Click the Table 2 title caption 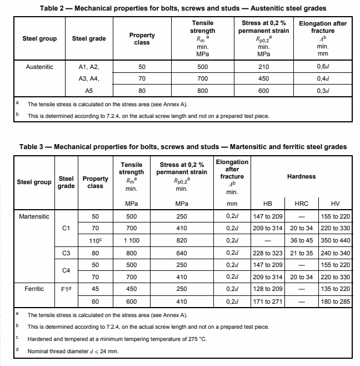click(183, 8)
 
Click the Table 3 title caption click(183, 147)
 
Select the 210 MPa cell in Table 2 click(263, 67)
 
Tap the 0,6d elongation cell click(323, 67)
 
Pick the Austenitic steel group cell click(40, 67)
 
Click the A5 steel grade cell click(89, 90)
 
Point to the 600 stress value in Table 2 click(263, 90)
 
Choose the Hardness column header click(301, 176)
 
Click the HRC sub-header click(301, 204)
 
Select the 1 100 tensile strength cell click(132, 240)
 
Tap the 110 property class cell click(96, 240)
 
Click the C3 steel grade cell click(66, 253)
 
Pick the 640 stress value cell click(182, 253)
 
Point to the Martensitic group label click(34, 216)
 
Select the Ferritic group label click(34, 289)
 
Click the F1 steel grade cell click(66, 289)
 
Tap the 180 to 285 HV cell click(336, 301)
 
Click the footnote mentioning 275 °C click(117, 339)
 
